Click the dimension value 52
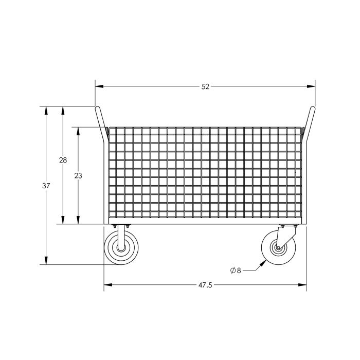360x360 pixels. point(205,86)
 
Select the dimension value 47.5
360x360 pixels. point(205,285)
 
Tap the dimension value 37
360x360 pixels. point(46,186)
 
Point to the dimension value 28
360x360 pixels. point(63,160)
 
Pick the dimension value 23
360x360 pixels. point(78,175)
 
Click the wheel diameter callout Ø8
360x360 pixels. point(236,270)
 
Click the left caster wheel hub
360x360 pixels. point(121,248)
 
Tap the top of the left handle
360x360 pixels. point(96,108)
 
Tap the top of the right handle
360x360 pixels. point(313,108)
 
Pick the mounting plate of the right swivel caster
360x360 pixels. point(290,227)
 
